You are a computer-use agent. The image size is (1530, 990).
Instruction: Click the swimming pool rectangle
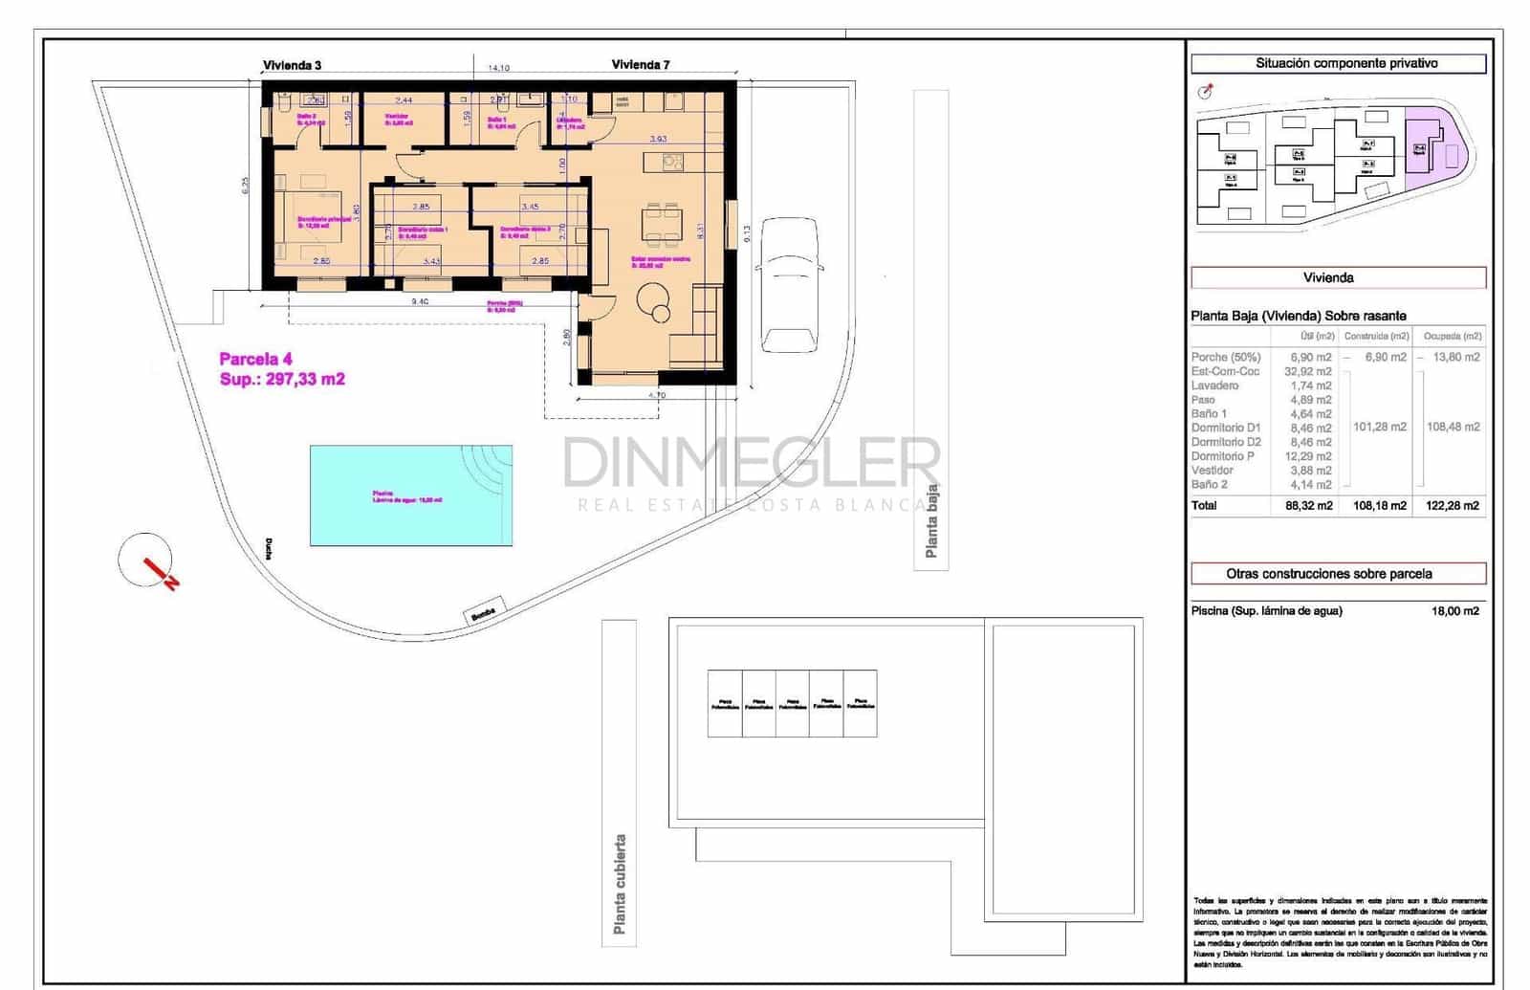pyautogui.click(x=410, y=495)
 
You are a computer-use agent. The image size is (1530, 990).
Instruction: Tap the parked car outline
pyautogui.click(x=789, y=285)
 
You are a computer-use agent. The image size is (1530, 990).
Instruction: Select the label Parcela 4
pyautogui.click(x=255, y=359)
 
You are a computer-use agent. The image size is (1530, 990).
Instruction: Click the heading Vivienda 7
pyautogui.click(x=640, y=65)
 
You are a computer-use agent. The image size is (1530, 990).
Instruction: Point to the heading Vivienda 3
pyautogui.click(x=292, y=65)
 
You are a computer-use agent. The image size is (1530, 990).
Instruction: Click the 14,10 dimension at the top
pyautogui.click(x=498, y=68)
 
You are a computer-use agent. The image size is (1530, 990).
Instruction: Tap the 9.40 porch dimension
pyautogui.click(x=419, y=301)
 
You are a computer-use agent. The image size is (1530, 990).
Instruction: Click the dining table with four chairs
pyautogui.click(x=662, y=223)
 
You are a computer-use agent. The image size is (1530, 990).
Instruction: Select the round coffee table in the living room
pyautogui.click(x=654, y=298)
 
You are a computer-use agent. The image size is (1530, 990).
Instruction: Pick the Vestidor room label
pyautogui.click(x=397, y=117)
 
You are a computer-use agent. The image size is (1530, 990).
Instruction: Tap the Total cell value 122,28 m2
pyautogui.click(x=1452, y=505)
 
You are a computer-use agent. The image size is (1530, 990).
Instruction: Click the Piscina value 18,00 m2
pyautogui.click(x=1454, y=610)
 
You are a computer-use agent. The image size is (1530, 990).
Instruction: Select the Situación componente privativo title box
pyautogui.click(x=1338, y=63)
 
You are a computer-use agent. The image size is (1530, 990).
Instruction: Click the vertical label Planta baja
pyautogui.click(x=931, y=521)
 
